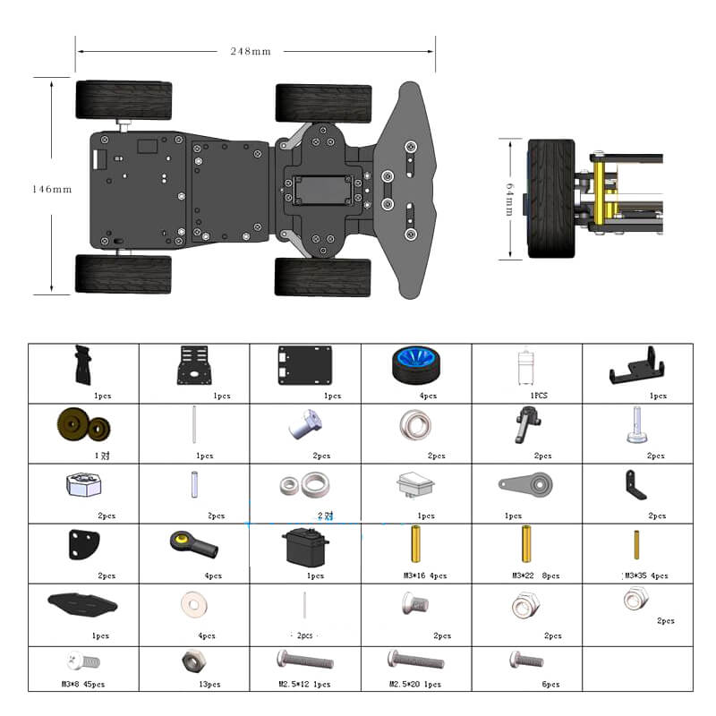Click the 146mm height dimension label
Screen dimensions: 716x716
pos(51,190)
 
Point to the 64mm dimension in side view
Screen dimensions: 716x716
pos(508,199)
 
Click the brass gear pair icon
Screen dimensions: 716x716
pos(83,425)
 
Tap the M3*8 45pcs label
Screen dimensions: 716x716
pos(83,684)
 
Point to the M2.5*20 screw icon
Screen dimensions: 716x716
pos(415,661)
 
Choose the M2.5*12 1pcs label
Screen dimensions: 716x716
pos(305,684)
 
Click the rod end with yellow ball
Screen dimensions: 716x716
pos(194,542)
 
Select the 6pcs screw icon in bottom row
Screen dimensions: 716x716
pos(526,661)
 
